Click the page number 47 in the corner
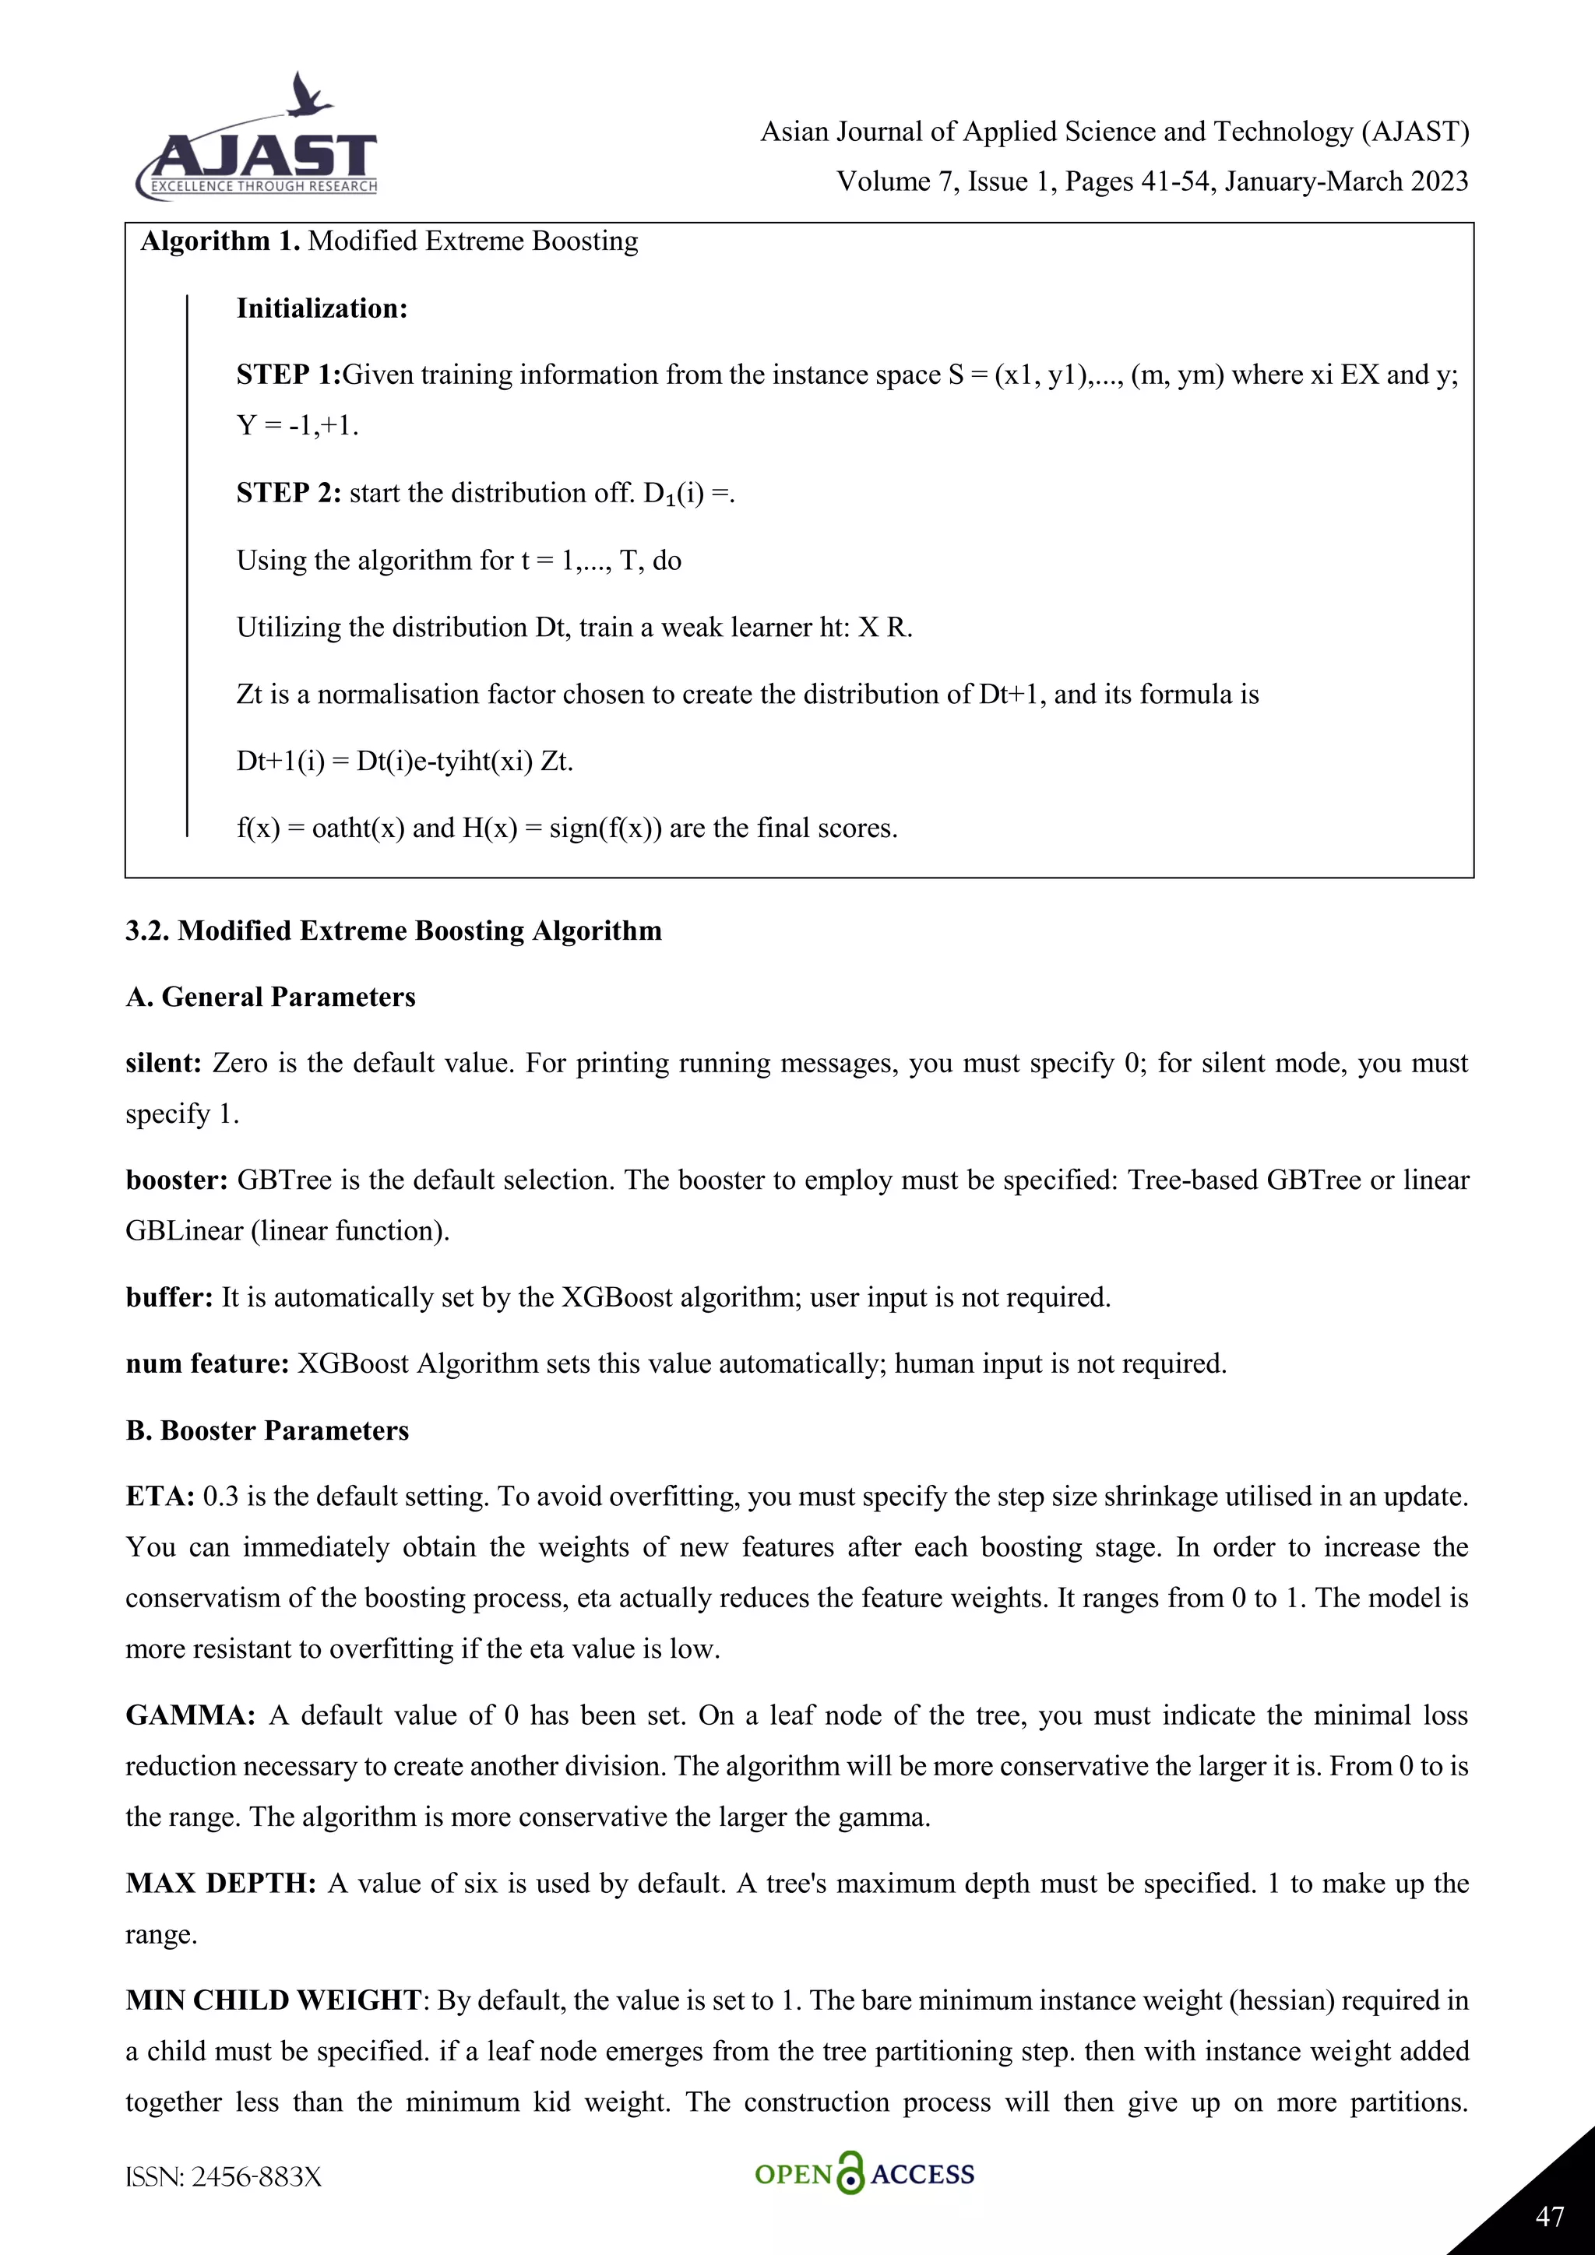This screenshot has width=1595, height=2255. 1549,2216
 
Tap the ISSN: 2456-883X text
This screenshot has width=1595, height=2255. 224,2177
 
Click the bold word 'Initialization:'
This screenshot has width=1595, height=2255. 321,308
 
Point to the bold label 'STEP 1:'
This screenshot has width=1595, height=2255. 287,375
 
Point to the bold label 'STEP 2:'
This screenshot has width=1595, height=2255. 287,493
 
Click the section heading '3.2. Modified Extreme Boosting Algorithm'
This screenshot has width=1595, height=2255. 393,931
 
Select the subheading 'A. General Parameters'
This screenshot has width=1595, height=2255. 270,998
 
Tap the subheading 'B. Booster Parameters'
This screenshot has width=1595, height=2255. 267,1431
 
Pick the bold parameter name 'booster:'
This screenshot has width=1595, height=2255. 177,1180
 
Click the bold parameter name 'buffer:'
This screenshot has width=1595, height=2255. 169,1297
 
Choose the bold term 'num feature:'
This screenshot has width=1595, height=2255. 206,1364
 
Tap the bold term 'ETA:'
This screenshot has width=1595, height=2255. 160,1497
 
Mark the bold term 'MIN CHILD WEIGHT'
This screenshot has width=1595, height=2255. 273,2000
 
